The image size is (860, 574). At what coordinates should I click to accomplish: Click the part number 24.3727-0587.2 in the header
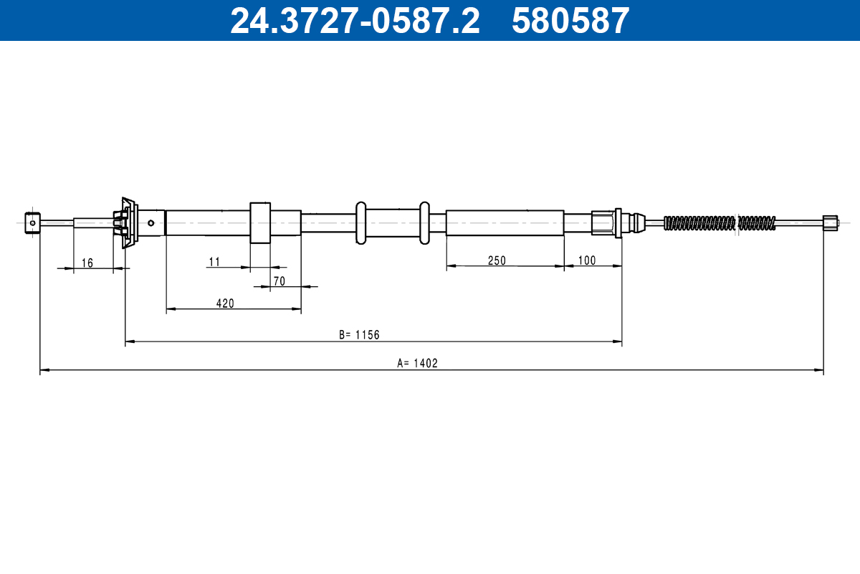point(355,21)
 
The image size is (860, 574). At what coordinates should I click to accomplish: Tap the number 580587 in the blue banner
point(570,21)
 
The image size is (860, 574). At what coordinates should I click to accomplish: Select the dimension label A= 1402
point(417,363)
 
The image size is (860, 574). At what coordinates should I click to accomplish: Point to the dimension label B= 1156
point(359,335)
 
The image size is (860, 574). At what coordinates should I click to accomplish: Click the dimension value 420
point(225,304)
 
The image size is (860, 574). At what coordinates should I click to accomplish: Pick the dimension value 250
point(497,260)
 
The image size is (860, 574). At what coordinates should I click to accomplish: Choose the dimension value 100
point(587,260)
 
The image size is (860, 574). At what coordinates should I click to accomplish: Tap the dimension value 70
point(279,281)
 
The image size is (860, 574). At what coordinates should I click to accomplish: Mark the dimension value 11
point(214,262)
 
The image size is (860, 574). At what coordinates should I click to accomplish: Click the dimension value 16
point(87,263)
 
